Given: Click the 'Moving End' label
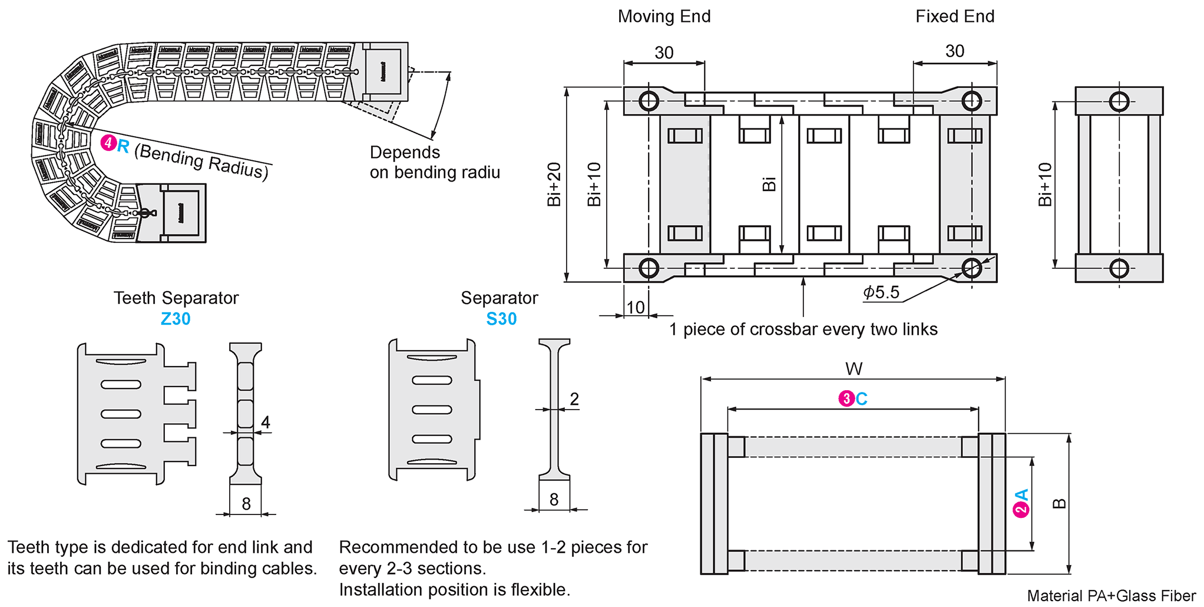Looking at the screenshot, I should pos(664,17).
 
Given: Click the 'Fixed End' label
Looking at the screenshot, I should pos(954,17).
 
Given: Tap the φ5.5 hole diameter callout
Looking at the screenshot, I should pos(881,292).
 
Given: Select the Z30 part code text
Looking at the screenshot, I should pos(176,319).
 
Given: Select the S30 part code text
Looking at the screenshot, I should pos(501,319).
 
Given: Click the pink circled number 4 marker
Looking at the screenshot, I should pos(108,143).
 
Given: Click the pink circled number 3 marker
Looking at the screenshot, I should pos(846,399).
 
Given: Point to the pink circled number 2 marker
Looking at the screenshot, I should pos(1021,510).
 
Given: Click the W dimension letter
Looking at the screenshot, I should pos(854,369).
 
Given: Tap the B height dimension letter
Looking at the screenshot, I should pos(1059,503).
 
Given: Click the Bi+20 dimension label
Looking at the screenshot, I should pos(554,184).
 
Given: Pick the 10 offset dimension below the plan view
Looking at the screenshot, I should pos(636,307).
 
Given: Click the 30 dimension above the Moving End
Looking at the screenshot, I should pos(664,53).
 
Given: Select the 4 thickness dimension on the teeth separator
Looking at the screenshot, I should pos(266,423).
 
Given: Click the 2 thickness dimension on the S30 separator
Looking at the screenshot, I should pos(574,400).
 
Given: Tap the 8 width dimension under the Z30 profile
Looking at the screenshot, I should pos(246,504).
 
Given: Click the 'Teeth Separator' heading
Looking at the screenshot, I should pos(176,298).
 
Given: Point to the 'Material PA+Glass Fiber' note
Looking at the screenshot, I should pos(1111,596).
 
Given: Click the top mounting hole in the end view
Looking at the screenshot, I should pos(1119,101).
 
